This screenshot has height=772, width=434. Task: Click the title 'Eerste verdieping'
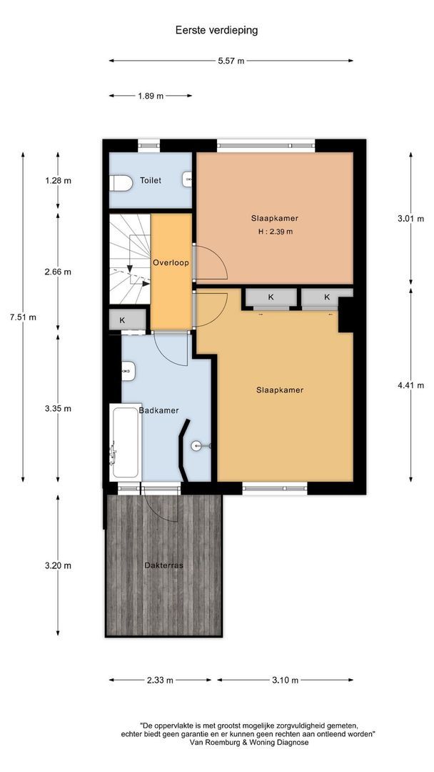click(x=216, y=30)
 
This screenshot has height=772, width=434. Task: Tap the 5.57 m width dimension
click(x=231, y=61)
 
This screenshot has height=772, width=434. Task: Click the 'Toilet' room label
click(x=151, y=181)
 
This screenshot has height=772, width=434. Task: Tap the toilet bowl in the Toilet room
click(x=122, y=184)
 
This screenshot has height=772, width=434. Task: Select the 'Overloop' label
click(x=171, y=263)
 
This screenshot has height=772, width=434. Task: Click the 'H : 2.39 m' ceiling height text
click(x=274, y=232)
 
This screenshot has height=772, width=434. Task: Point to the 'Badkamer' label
click(x=158, y=410)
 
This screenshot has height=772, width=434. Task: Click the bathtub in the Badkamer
click(x=125, y=442)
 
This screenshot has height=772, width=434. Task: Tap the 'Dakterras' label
click(x=163, y=565)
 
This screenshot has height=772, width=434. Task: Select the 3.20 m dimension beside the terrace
click(x=58, y=565)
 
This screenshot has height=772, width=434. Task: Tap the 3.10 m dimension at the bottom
click(x=286, y=681)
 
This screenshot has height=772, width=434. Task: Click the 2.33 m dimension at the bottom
click(x=160, y=681)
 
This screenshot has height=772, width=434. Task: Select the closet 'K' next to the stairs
click(x=123, y=320)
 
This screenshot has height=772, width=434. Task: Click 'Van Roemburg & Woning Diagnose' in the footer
click(x=249, y=743)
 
